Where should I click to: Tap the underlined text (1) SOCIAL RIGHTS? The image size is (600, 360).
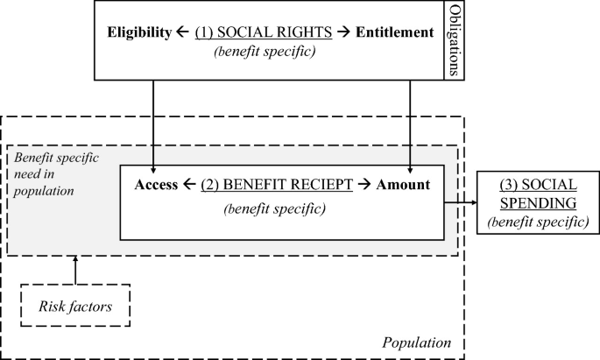264,32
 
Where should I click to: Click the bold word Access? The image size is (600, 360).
158,187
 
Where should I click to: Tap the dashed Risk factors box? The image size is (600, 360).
75,306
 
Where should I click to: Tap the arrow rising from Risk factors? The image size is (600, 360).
75,270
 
